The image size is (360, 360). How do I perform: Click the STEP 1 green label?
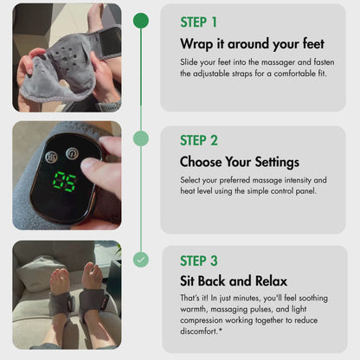click(x=198, y=22)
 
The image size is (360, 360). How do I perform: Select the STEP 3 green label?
click(x=199, y=260)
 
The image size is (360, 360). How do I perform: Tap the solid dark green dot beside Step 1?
click(x=141, y=20)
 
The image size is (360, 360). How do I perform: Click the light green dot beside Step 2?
click(x=141, y=138)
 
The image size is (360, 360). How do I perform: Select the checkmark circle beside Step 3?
click(x=141, y=259)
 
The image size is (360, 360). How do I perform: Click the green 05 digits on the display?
click(x=64, y=182)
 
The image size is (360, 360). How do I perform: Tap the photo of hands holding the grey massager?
click(x=67, y=58)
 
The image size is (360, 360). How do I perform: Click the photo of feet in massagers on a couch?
click(x=67, y=294)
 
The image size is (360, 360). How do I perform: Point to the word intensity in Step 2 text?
click(x=305, y=180)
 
